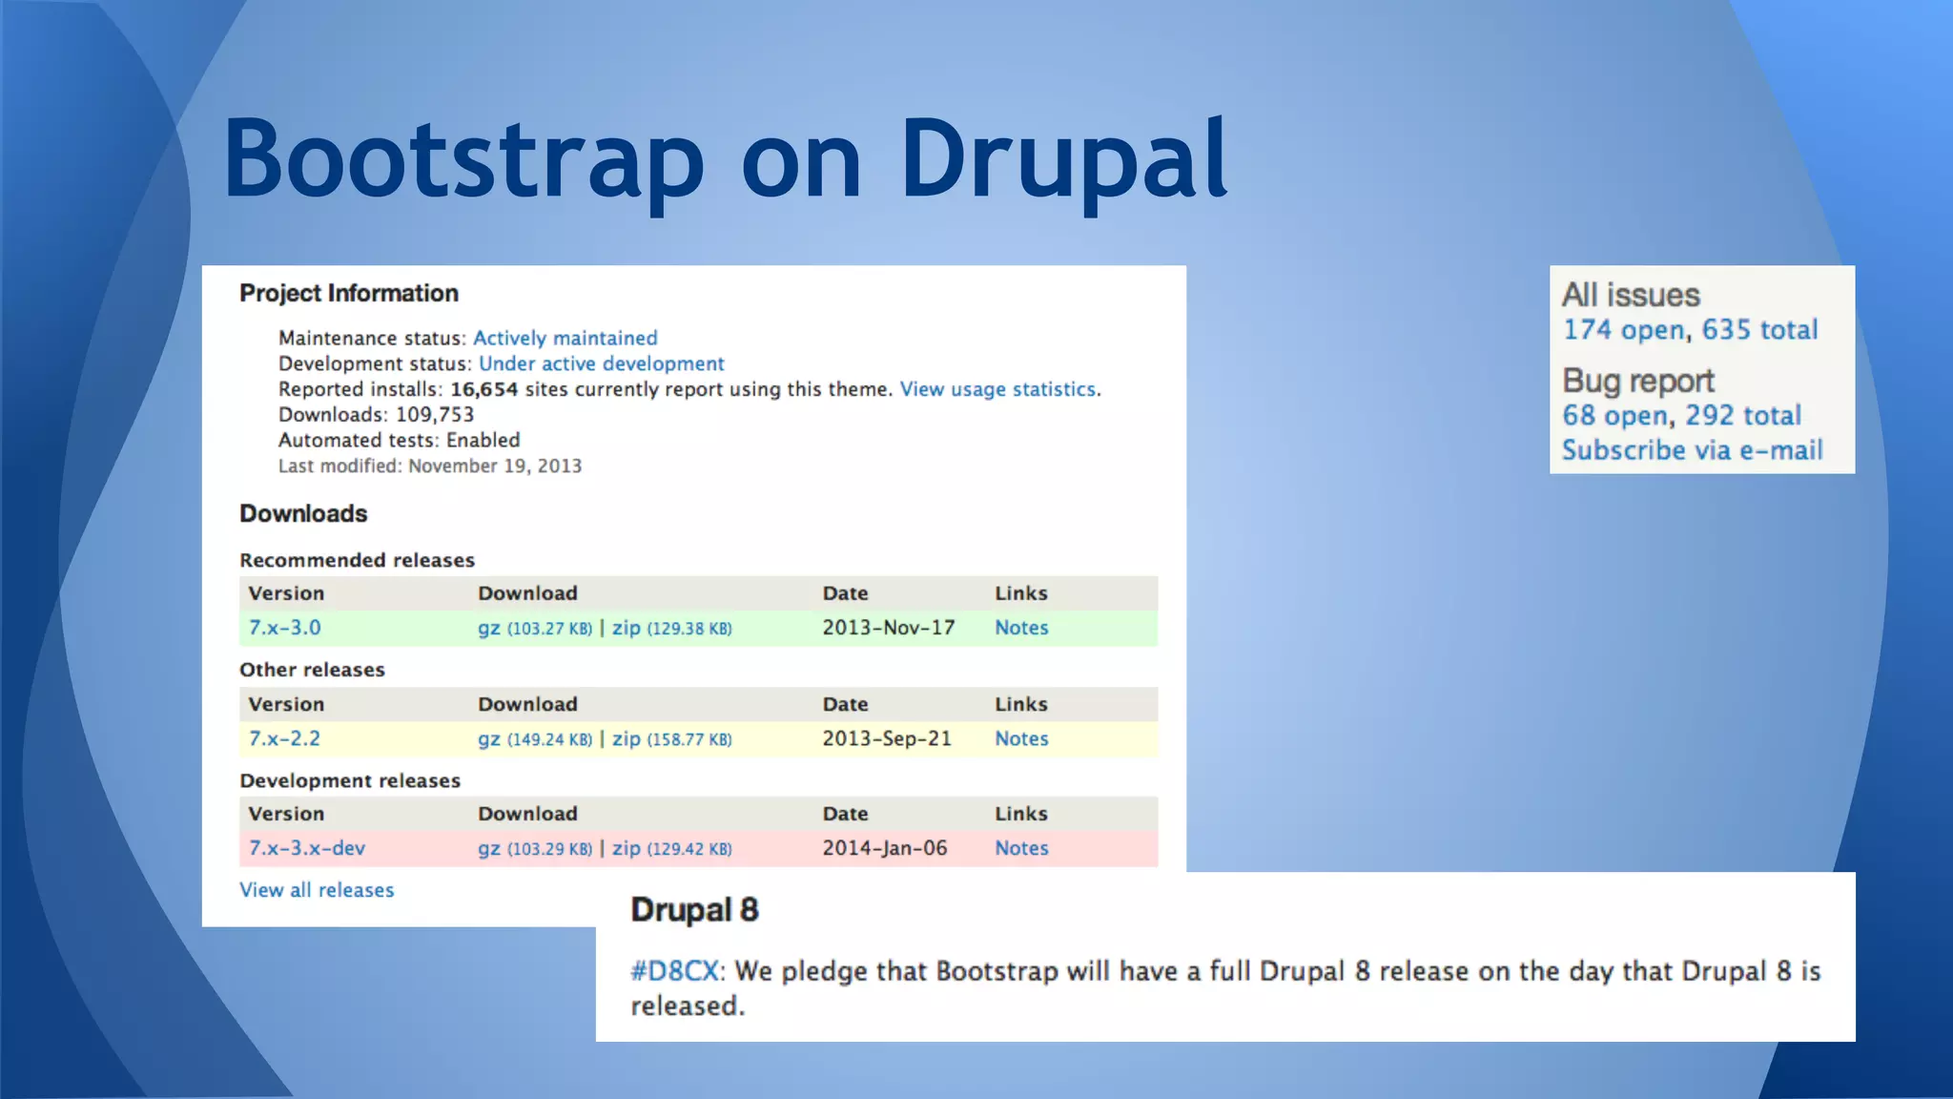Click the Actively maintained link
click(565, 339)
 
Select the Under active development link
click(601, 364)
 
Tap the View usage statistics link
click(997, 389)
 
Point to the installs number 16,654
click(484, 389)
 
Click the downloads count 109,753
click(435, 415)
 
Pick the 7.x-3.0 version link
click(284, 628)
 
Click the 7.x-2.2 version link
click(284, 738)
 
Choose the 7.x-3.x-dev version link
click(306, 848)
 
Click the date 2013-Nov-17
click(888, 628)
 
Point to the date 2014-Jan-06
click(884, 848)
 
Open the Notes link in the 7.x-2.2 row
click(1020, 738)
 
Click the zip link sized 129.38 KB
click(627, 628)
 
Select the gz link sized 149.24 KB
click(489, 739)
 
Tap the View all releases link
click(317, 890)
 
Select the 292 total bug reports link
click(1742, 416)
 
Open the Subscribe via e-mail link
click(1692, 450)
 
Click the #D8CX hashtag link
click(673, 971)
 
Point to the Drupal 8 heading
click(694, 910)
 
